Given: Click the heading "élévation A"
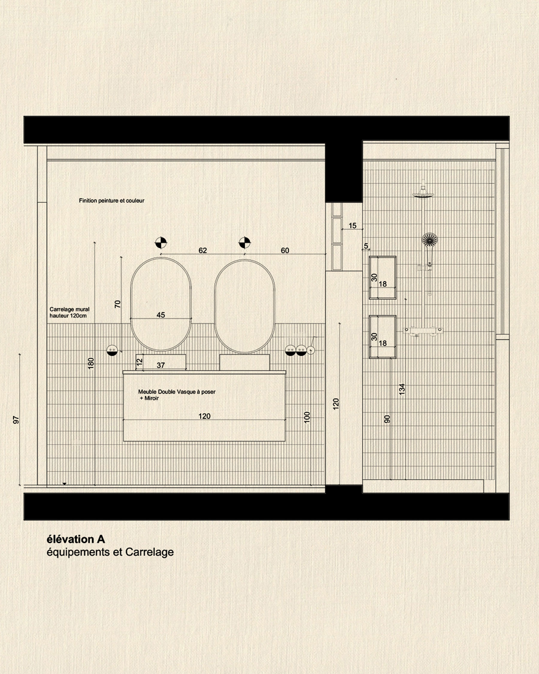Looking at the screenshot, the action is (76, 539).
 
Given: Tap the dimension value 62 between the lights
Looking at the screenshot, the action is (202, 250).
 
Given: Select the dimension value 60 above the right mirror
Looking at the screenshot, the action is (285, 250).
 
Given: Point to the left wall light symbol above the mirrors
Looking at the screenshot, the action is (161, 242).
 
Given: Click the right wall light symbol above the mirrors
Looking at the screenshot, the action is (245, 242).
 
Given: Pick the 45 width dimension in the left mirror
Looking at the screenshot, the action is (161, 315).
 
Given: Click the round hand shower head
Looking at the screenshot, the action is (430, 239).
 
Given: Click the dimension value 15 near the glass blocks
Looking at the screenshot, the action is (352, 225).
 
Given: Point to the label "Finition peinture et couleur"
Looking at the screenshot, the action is (112, 201).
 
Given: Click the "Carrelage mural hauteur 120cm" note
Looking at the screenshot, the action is (69, 312).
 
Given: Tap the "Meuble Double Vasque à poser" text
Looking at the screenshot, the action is (177, 392).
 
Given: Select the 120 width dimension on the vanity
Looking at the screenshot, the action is (204, 416).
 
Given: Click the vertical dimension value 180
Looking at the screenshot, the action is (91, 363).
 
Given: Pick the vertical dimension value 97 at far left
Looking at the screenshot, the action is (16, 420).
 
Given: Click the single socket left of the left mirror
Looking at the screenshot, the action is (112, 350).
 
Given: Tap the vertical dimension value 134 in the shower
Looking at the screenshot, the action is (402, 389).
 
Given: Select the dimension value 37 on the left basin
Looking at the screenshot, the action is (161, 365).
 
